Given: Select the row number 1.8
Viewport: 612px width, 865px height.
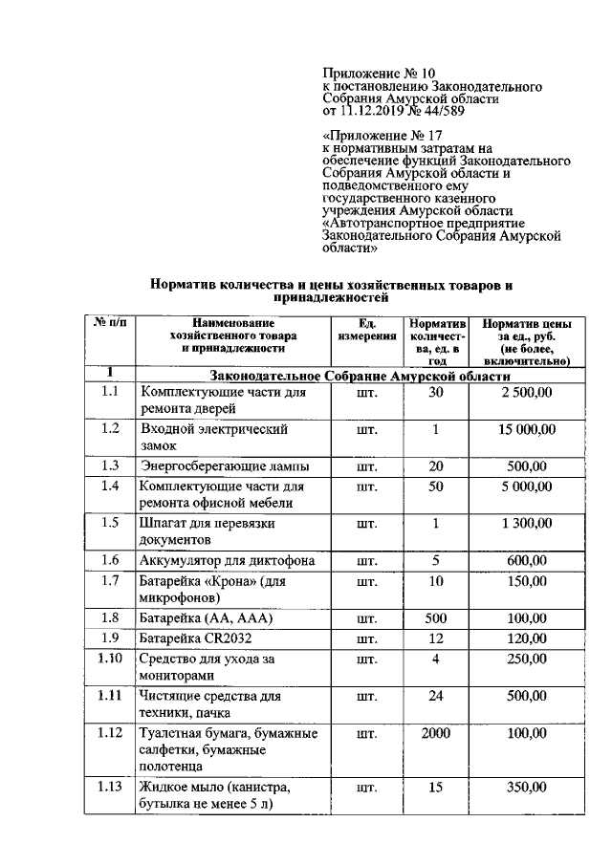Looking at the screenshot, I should point(109,618).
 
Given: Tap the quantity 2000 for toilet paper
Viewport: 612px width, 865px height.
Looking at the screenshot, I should point(435,733).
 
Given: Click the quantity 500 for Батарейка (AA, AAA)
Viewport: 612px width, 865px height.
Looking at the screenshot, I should point(435,618).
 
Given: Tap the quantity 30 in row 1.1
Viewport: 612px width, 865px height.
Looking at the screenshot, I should point(435,392).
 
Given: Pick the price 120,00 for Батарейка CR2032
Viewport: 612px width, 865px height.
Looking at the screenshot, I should point(526,638).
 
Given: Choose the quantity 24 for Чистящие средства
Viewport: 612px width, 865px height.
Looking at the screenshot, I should point(435,696).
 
